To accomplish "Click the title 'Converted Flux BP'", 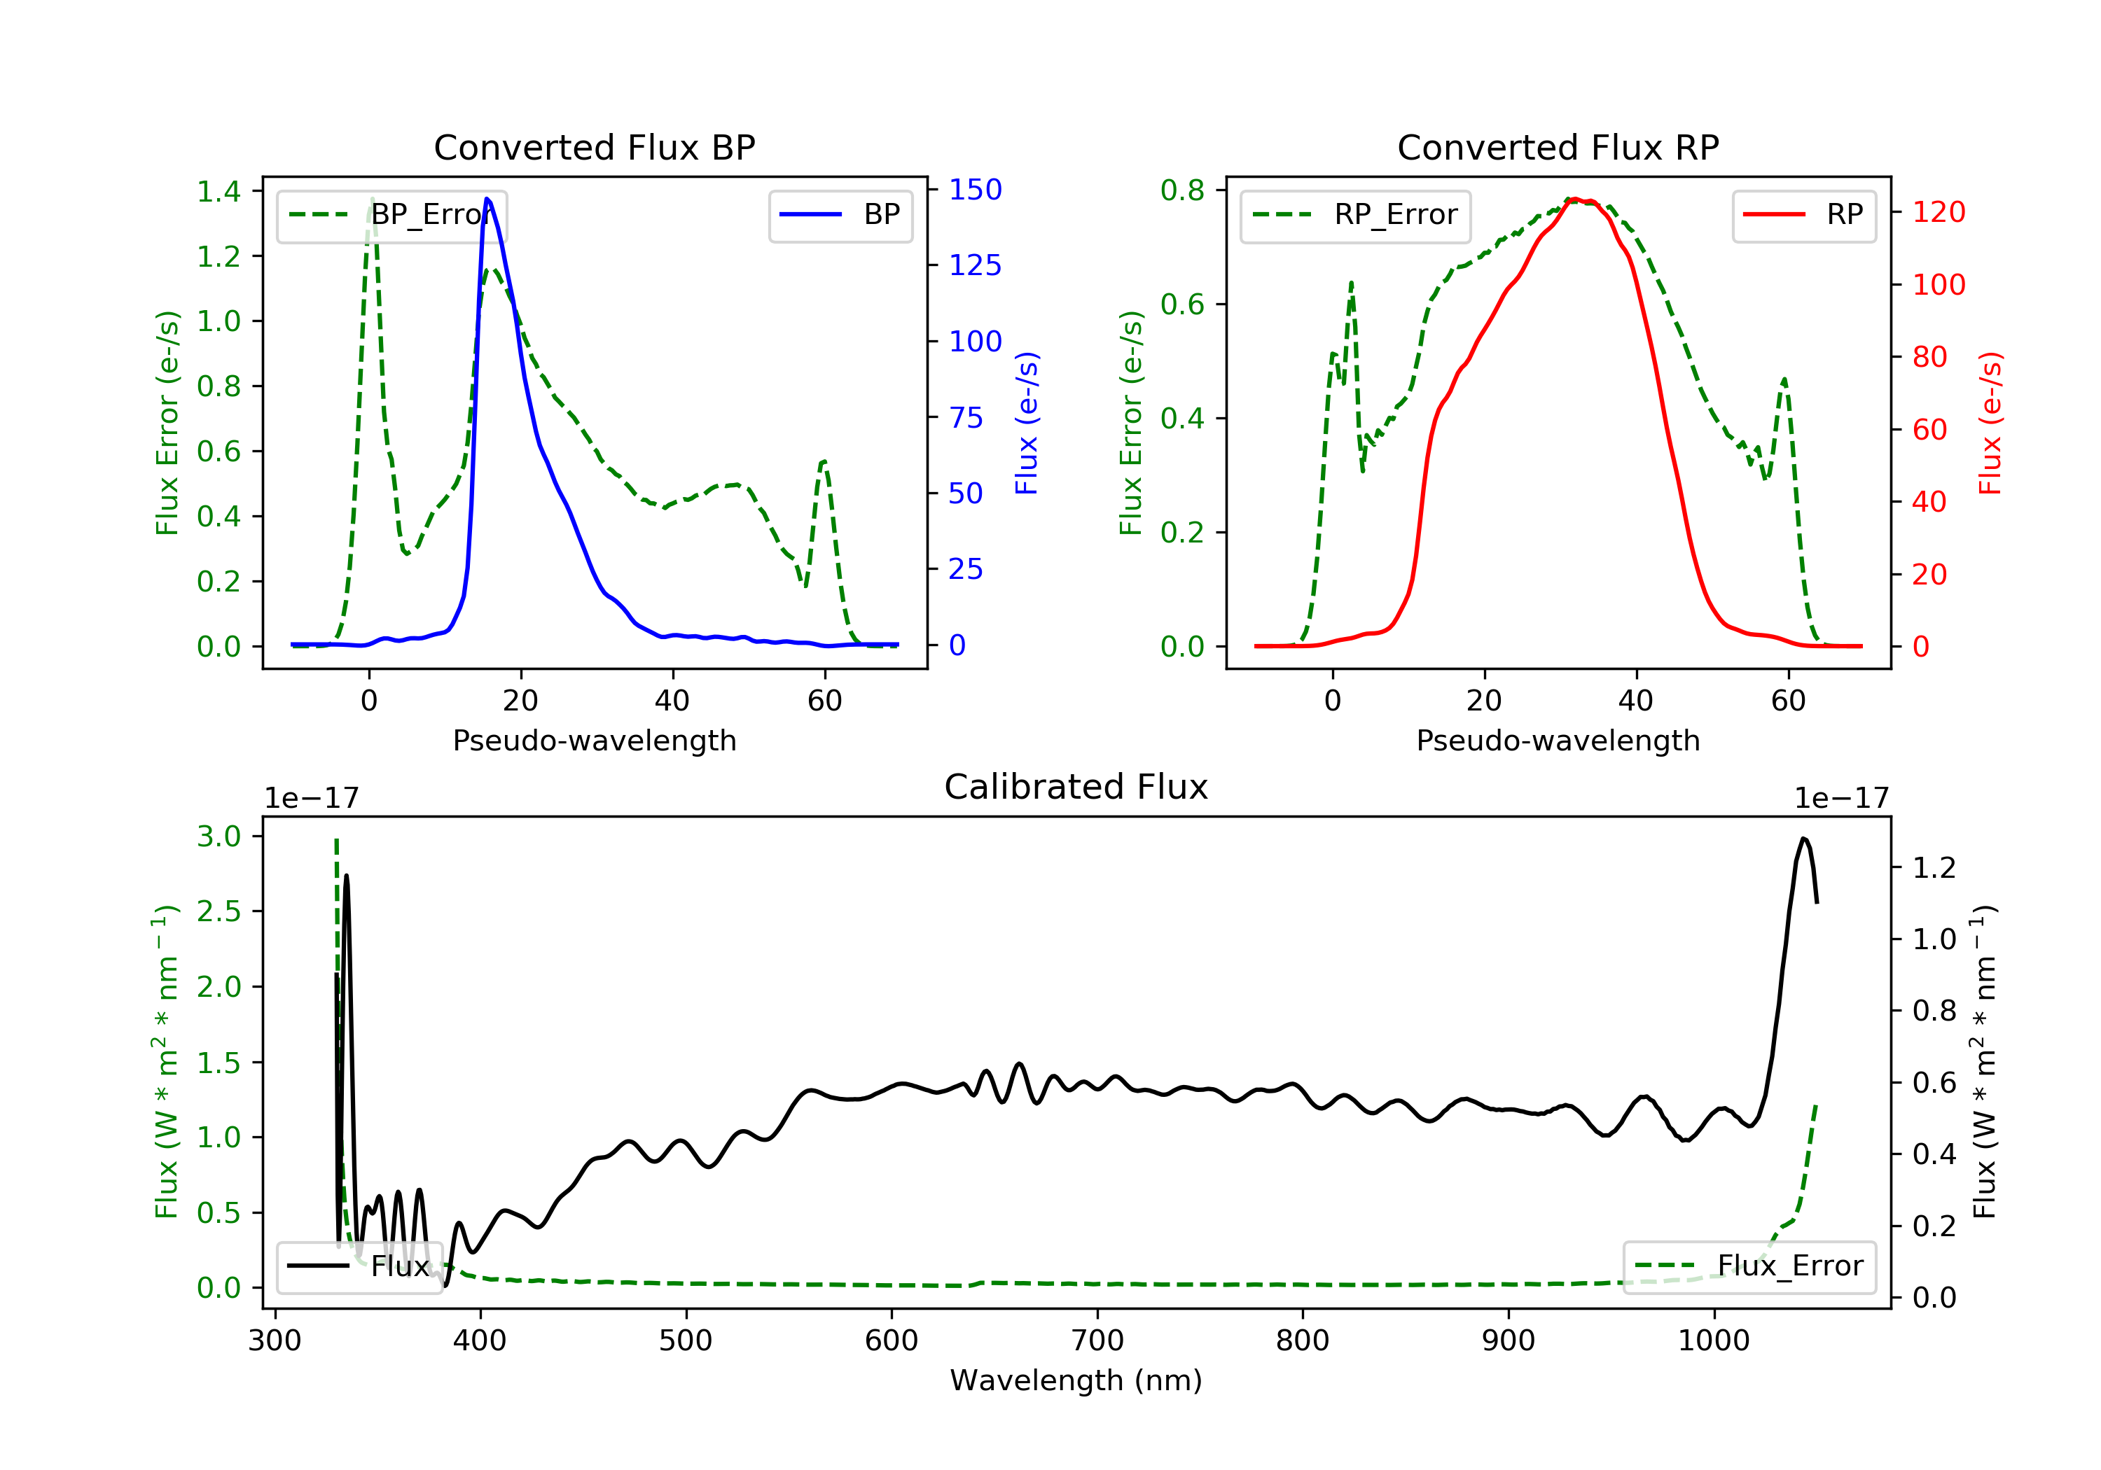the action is [x=594, y=147].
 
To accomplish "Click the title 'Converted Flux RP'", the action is [x=1558, y=147].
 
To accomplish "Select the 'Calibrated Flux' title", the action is [x=1076, y=787].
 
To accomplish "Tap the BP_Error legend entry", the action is [x=391, y=215].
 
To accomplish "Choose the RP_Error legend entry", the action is [x=1355, y=215].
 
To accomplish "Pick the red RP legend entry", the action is [x=1803, y=215].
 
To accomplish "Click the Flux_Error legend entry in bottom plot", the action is [x=1749, y=1266].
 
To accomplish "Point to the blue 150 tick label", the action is [x=976, y=190].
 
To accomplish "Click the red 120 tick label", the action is [x=1939, y=212].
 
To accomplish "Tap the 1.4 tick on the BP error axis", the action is [x=219, y=192].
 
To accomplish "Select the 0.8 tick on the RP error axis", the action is [x=1182, y=190].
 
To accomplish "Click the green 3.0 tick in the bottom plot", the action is [x=219, y=836].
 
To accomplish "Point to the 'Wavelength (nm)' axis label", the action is [x=1076, y=1380].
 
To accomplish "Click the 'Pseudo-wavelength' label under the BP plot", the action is [x=595, y=740].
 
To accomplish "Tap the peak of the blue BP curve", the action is [x=487, y=199].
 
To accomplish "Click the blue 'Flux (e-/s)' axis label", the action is [x=1027, y=423].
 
